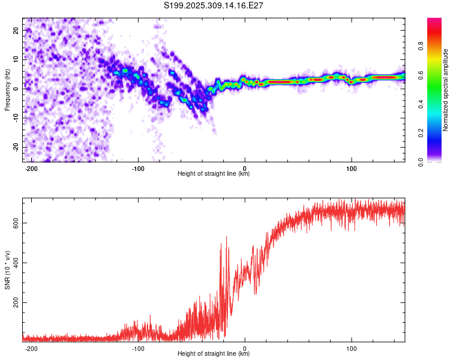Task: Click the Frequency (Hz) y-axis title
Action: coord(8,90)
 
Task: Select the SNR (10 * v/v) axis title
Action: coord(8,270)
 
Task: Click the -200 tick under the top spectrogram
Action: coord(32,167)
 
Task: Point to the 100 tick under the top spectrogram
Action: coord(351,167)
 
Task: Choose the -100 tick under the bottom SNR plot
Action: coord(138,347)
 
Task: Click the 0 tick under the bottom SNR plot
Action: coord(245,347)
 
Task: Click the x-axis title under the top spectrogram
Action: coord(214,174)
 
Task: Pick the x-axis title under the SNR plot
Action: coord(214,354)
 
